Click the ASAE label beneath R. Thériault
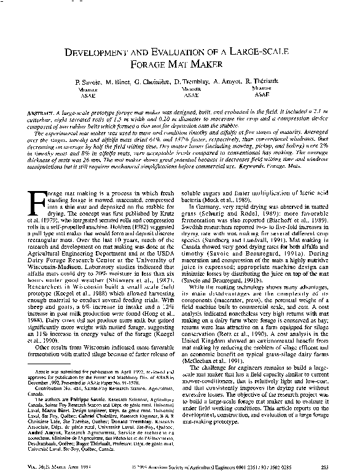(261, 95)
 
